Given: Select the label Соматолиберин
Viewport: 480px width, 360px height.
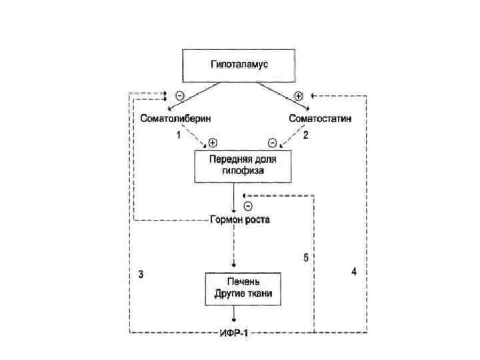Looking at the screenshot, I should [175, 118].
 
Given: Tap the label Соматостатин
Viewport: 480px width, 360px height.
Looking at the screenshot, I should [321, 118].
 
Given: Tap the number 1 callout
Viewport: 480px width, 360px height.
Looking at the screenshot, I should [178, 135].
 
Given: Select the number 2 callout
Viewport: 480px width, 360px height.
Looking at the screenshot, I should [305, 135].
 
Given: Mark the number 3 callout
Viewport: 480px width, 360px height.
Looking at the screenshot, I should [141, 274].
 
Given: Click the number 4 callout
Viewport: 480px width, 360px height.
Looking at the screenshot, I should [354, 271].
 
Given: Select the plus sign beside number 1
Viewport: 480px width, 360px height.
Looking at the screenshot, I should [212, 142].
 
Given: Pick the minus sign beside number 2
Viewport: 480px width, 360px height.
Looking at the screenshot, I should [272, 142].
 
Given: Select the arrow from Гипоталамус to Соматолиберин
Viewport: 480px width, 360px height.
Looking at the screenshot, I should [197, 95].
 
